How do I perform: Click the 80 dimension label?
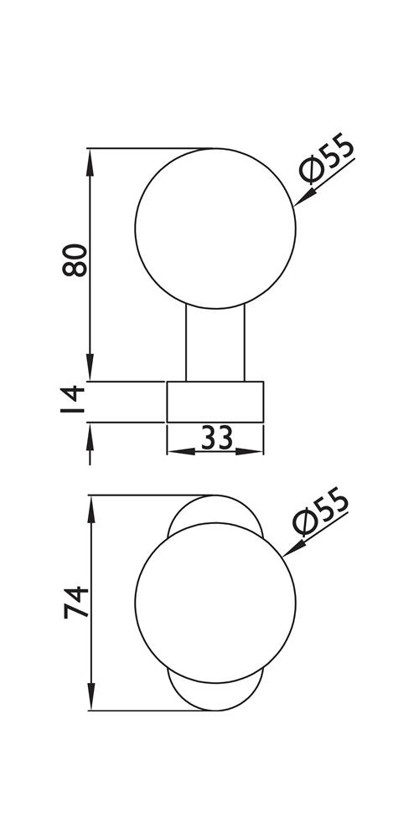(75, 260)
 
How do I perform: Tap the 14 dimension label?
(73, 399)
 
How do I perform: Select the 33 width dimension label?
(217, 439)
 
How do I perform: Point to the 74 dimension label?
(76, 602)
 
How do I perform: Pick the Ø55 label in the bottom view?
(321, 511)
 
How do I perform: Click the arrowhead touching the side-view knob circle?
(304, 198)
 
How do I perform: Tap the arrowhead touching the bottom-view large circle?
(293, 549)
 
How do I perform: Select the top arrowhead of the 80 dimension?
(90, 162)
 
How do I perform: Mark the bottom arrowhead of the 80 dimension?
(90, 367)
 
